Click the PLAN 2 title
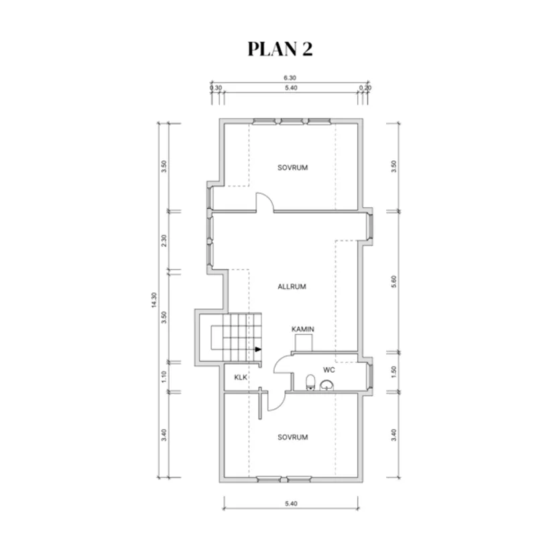point(280,49)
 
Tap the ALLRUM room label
point(292,287)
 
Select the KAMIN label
point(302,329)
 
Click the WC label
point(329,370)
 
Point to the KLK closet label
point(241,377)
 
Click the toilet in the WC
point(310,382)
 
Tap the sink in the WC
point(327,385)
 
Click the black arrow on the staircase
point(258,349)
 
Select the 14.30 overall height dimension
point(153,300)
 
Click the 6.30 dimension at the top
point(290,78)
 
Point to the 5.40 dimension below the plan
point(291,503)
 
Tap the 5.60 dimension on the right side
point(394,282)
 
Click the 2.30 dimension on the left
point(164,241)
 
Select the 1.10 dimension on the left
point(164,377)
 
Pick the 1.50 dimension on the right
point(394,372)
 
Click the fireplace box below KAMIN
point(304,343)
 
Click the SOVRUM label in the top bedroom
point(293,168)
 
